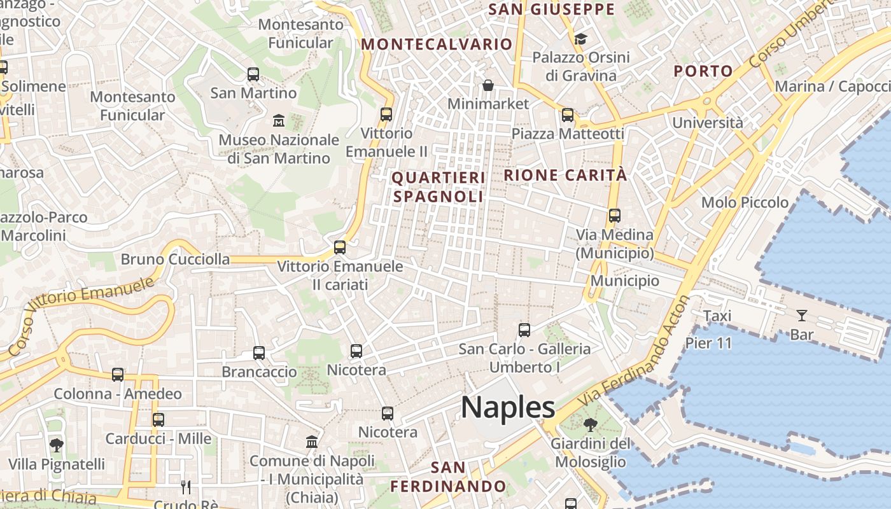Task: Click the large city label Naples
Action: (x=508, y=407)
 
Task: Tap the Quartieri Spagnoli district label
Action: (x=438, y=187)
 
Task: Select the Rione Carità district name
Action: (x=566, y=175)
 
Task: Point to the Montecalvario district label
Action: (x=437, y=44)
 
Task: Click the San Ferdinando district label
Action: (x=448, y=477)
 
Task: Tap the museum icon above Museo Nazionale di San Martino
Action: (x=279, y=120)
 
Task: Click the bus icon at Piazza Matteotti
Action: (x=567, y=115)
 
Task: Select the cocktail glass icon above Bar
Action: (x=801, y=315)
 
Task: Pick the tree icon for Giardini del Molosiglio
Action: (x=590, y=424)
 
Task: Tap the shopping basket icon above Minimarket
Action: (x=488, y=85)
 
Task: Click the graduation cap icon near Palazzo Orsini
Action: (x=580, y=39)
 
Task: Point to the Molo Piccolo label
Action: (x=745, y=202)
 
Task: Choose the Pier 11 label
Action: (x=708, y=343)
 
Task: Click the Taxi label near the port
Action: (x=717, y=316)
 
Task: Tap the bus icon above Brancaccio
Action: (x=258, y=352)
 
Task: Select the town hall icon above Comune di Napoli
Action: (x=312, y=442)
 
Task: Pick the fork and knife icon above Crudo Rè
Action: (x=186, y=487)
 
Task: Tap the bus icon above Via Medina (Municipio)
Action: (x=614, y=216)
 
